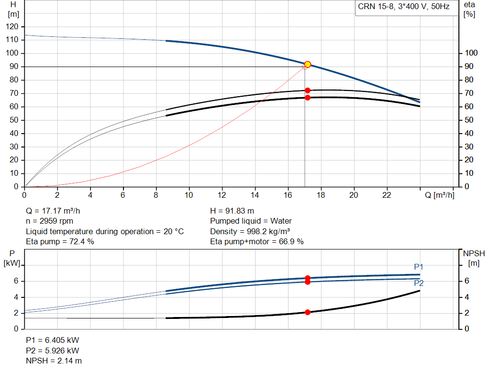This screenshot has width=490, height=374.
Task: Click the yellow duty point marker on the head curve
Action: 308,65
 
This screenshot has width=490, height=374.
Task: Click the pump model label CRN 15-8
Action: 376,7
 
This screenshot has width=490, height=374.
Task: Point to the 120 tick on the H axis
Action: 12,27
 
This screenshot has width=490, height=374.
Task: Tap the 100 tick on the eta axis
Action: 471,53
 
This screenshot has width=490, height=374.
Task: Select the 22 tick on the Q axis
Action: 387,195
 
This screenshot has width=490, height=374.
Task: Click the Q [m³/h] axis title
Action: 439,195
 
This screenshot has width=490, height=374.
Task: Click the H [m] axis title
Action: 13,10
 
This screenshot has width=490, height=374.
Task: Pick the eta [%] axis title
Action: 469,10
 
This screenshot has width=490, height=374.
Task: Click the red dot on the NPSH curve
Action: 308,312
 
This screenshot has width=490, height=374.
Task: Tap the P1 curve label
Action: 418,267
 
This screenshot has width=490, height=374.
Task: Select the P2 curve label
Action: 418,283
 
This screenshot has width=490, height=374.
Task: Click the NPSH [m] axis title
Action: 474,258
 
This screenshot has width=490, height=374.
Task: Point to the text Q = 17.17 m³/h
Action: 53,211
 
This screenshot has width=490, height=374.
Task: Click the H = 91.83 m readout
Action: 232,211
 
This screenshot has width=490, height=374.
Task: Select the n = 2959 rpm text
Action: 49,221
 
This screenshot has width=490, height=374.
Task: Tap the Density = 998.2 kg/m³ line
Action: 250,231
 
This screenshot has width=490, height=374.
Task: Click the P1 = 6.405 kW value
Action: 53,340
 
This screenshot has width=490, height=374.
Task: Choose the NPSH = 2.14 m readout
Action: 54,361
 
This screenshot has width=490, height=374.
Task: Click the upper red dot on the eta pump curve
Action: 308,91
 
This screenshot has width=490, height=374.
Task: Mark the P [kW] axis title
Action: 12,258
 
